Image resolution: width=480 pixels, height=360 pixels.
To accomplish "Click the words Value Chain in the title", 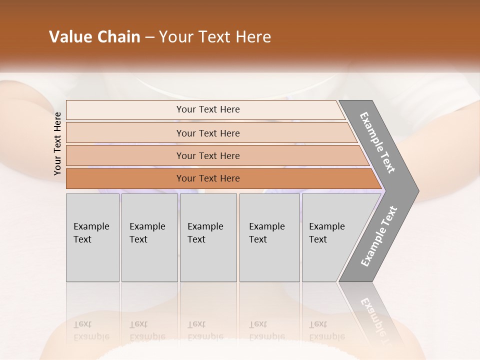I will point(94,37).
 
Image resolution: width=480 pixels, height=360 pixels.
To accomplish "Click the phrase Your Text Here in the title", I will point(215,37).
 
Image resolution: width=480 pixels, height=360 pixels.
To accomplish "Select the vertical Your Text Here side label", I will point(57,143).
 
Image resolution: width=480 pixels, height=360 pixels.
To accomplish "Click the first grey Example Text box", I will point(92,237).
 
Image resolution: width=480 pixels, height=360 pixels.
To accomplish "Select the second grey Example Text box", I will point(149,237).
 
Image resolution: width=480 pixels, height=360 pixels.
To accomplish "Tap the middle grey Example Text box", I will point(208,237).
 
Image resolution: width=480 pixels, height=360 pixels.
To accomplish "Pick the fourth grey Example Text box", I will point(269,237).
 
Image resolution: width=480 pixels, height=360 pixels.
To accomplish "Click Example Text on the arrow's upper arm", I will point(377,142).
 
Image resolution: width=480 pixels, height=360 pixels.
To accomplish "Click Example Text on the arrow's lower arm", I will point(378,236).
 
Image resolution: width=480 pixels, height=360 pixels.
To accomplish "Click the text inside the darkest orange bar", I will point(208,178).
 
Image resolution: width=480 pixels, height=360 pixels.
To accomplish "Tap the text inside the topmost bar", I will point(208,109).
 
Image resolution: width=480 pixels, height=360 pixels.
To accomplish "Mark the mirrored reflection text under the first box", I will point(91,330).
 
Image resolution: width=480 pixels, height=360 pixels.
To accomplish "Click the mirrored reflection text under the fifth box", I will point(326,330).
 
